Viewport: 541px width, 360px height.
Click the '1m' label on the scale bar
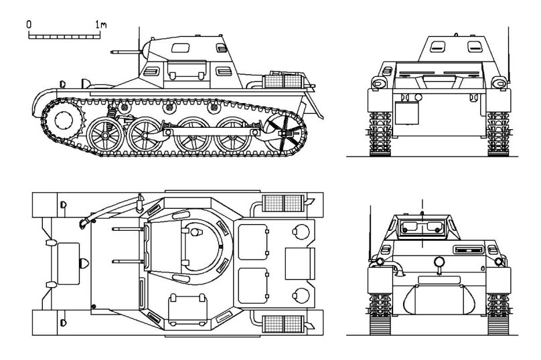(101, 24)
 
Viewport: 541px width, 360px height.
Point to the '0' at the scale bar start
(29, 23)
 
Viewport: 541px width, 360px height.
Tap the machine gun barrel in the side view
(125, 50)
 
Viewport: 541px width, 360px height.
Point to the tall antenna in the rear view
(509, 47)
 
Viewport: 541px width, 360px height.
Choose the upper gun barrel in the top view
(127, 230)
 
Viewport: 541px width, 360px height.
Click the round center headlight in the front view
(439, 262)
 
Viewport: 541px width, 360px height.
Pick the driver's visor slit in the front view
(467, 250)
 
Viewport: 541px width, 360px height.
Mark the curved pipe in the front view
(396, 270)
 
